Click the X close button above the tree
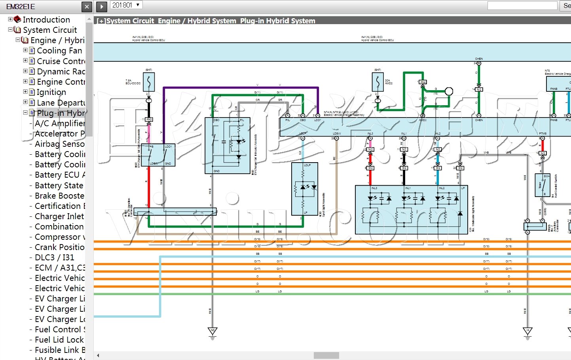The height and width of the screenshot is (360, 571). (x=87, y=6)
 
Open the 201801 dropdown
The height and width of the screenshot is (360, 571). (x=126, y=5)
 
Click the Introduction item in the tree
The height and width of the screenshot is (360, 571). (x=46, y=19)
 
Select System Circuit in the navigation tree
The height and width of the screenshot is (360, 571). (x=50, y=30)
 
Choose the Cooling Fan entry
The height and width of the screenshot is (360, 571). (x=59, y=51)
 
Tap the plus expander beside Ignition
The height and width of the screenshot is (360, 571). (x=25, y=92)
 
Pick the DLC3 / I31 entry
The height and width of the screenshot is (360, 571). (x=54, y=257)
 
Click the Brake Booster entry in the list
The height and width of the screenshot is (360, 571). (x=59, y=195)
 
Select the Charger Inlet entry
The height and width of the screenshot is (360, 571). (x=59, y=216)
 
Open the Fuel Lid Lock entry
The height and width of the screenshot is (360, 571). (x=59, y=339)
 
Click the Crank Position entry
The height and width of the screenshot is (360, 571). (x=59, y=247)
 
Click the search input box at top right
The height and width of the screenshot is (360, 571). (x=522, y=6)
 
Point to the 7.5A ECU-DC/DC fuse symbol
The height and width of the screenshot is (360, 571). (x=148, y=82)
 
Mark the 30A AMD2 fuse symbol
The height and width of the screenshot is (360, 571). (x=378, y=82)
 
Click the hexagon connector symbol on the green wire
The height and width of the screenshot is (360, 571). (x=449, y=91)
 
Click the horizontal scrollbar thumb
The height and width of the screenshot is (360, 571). (x=326, y=355)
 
